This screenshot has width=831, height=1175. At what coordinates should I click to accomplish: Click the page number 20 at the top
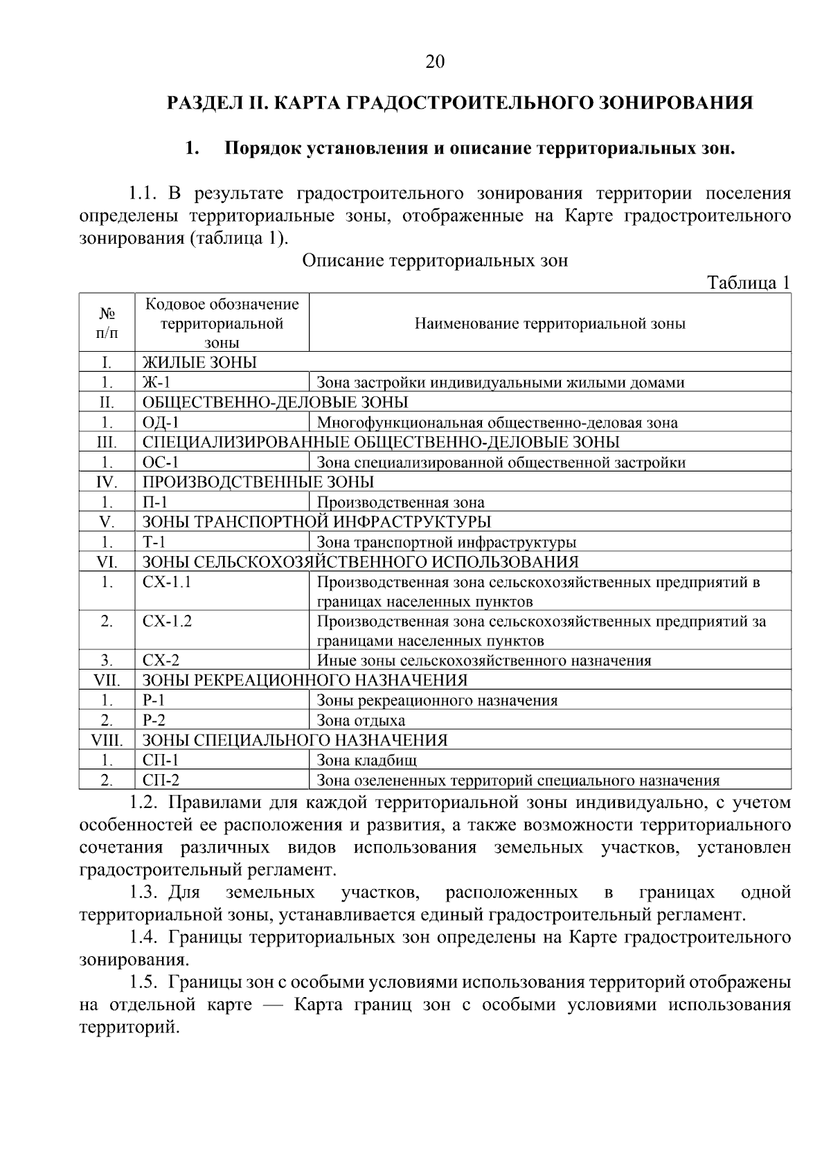(434, 62)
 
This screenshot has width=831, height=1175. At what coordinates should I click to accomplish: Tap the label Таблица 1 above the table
(748, 282)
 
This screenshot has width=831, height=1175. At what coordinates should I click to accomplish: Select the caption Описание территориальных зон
(435, 260)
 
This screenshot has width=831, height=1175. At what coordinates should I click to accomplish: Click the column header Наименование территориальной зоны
(550, 323)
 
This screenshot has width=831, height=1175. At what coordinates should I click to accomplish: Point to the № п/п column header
(107, 323)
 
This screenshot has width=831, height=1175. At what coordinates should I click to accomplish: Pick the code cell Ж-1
(156, 382)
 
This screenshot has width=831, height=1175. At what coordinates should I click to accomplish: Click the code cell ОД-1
(160, 422)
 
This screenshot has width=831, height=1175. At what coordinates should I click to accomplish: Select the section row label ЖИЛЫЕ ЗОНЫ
(199, 363)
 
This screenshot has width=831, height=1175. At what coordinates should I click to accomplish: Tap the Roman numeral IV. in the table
(107, 482)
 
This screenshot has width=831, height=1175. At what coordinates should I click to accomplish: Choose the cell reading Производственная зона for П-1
(400, 502)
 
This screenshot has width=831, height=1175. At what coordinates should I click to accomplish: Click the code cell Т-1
(154, 542)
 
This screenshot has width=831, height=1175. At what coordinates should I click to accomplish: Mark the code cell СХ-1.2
(167, 621)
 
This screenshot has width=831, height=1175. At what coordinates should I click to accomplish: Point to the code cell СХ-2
(161, 660)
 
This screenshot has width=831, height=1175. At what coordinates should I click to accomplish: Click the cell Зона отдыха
(360, 720)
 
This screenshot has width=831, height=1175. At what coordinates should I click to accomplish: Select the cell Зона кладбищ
(366, 760)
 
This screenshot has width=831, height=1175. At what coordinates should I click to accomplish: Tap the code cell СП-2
(161, 780)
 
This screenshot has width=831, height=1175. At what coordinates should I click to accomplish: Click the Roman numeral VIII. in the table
(107, 740)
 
